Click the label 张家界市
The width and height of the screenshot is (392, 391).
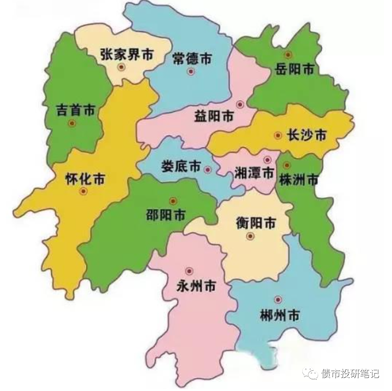pyautogui.click(x=127, y=54)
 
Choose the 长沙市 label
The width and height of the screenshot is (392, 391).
pyautogui.click(x=306, y=135)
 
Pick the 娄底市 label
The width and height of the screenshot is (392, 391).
pyautogui.click(x=181, y=166)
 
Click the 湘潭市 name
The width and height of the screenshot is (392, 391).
pyautogui.click(x=254, y=173)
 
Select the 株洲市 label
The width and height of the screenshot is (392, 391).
pyautogui.click(x=298, y=179)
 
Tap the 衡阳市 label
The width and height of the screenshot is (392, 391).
pyautogui.click(x=256, y=223)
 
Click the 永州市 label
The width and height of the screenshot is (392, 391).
pyautogui.click(x=196, y=286)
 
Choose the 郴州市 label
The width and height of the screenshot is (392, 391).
pyautogui.click(x=280, y=314)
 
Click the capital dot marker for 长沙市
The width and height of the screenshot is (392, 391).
pyautogui.click(x=278, y=135)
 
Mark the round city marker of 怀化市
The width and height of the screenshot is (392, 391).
pyautogui.click(x=84, y=191)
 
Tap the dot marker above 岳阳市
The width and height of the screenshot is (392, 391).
pyautogui.click(x=288, y=54)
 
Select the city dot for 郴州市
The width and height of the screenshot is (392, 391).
pyautogui.click(x=278, y=300)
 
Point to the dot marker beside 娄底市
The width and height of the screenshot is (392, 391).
pyautogui.click(x=208, y=169)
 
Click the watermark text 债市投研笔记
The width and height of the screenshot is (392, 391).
pyautogui.click(x=349, y=374)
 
